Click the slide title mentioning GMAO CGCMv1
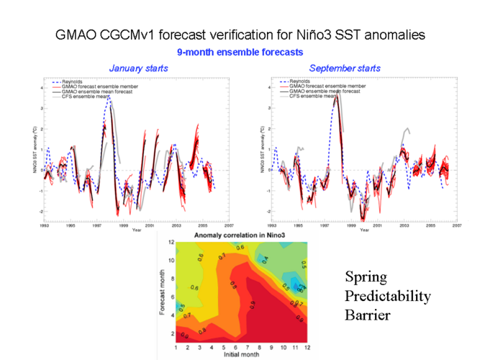tap(239, 34)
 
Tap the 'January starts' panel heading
tap(138, 68)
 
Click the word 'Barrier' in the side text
tap(367, 315)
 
